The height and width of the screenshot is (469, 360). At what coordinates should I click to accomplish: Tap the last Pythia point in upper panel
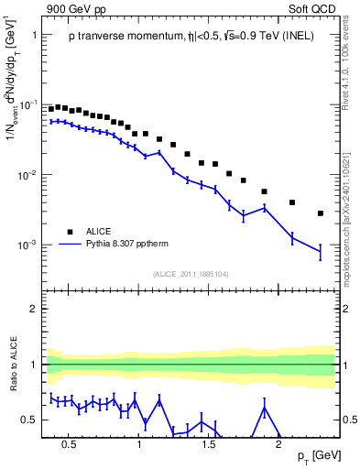click(x=320, y=251)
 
